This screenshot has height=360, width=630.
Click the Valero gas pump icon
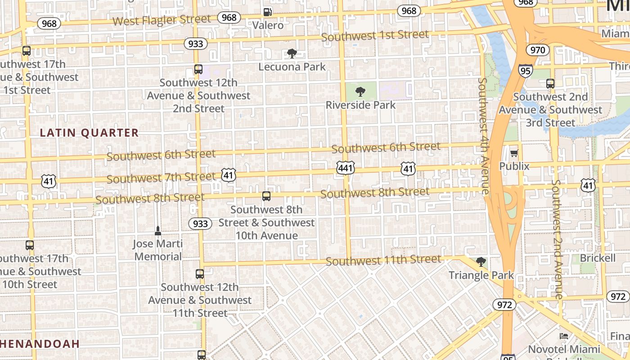268,12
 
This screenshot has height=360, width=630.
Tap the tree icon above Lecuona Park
292,54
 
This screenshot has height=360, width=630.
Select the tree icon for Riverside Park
360,92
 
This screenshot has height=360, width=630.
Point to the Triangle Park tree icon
481,262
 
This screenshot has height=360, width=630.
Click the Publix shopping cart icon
514,153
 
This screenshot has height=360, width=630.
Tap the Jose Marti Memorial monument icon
157,231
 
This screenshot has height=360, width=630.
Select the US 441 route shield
345,168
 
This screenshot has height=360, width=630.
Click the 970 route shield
538,50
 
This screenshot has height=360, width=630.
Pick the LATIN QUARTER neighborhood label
89,133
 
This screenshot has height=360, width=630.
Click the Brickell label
598,258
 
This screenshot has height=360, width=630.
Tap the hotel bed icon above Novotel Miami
563,336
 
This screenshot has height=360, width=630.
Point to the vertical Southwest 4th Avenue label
483,136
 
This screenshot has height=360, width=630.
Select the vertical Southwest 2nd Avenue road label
557,239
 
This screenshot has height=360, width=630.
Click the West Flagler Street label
162,20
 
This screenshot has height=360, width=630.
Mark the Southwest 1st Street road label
375,35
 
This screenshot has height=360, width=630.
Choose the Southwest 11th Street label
383,260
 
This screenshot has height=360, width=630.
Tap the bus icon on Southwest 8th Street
266,196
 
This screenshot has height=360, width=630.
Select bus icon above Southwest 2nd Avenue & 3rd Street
550,84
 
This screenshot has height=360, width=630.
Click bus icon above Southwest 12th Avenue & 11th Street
199,274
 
